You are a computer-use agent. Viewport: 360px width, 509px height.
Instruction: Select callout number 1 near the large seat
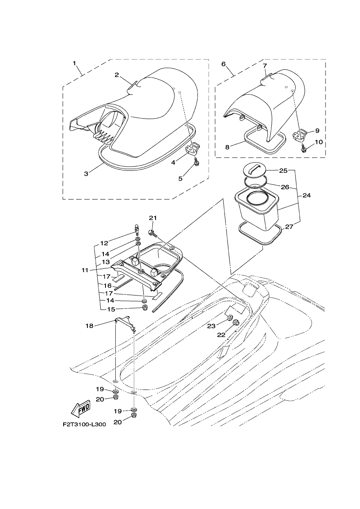(74, 63)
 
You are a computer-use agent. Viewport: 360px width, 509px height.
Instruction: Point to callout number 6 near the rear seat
(223, 64)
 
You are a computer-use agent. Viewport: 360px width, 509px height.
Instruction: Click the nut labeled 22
(236, 322)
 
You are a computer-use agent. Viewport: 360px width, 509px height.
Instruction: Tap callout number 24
(306, 195)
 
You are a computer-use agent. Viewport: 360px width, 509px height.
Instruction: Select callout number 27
(289, 227)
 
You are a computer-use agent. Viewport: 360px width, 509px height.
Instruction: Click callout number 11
(85, 271)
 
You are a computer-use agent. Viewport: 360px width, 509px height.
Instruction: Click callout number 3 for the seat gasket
(86, 174)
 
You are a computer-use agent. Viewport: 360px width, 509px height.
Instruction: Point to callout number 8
(227, 147)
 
